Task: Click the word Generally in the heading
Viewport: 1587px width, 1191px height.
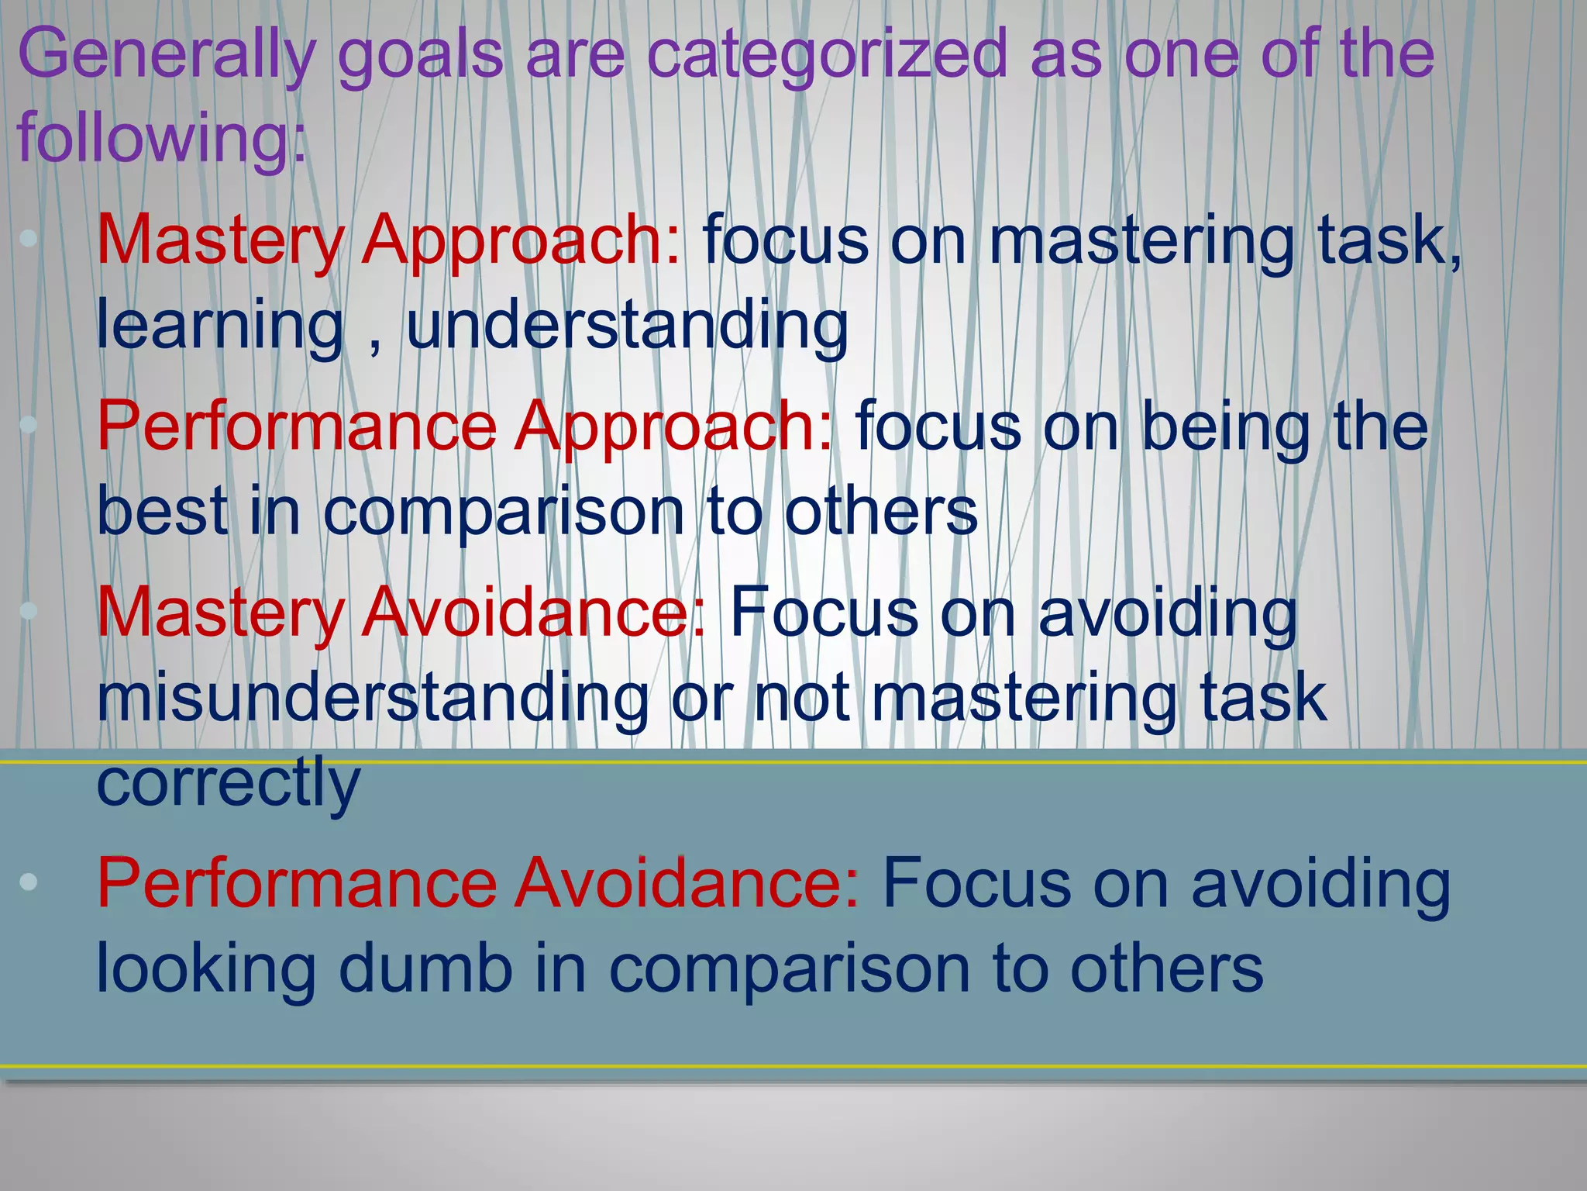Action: pos(167,54)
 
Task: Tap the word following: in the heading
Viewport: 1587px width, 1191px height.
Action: pos(161,138)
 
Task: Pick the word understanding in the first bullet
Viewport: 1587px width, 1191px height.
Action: pos(627,326)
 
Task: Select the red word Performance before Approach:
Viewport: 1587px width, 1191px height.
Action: pos(296,426)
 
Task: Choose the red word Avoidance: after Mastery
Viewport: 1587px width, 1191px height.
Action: pos(534,613)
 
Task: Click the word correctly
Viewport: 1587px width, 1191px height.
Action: pos(228,783)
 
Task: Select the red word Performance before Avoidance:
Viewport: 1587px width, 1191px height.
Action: pos(296,884)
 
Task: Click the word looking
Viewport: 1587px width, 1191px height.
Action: pos(205,969)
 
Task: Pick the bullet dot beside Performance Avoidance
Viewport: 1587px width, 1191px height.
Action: pos(29,882)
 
